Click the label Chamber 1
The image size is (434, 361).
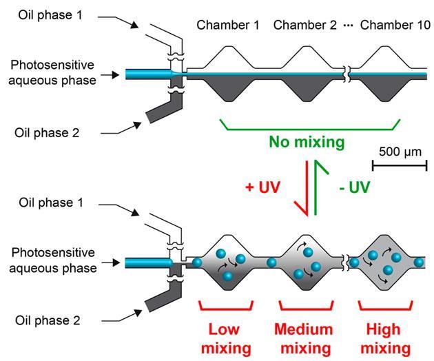pyautogui.click(x=228, y=25)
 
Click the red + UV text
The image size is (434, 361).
pyautogui.click(x=262, y=187)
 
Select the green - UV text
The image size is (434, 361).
pyautogui.click(x=347, y=187)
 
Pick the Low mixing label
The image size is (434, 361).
pyautogui.click(x=226, y=338)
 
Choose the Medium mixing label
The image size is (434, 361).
pyautogui.click(x=304, y=338)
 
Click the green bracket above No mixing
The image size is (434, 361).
pyautogui.click(x=309, y=125)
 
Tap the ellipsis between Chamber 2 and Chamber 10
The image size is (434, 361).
pyautogui.click(x=349, y=25)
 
